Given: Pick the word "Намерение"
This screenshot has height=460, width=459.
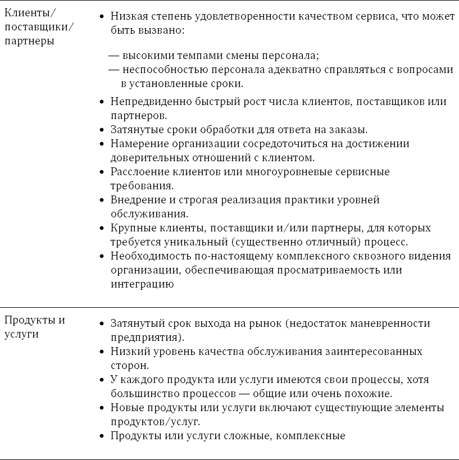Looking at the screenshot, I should pos(137,144).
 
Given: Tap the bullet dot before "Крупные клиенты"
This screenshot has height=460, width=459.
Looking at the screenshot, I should pos(101,229).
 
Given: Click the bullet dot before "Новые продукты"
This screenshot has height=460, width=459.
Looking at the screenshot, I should pos(101,408).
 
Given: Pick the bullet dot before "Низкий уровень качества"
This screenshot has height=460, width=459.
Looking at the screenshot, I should pos(101,352).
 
